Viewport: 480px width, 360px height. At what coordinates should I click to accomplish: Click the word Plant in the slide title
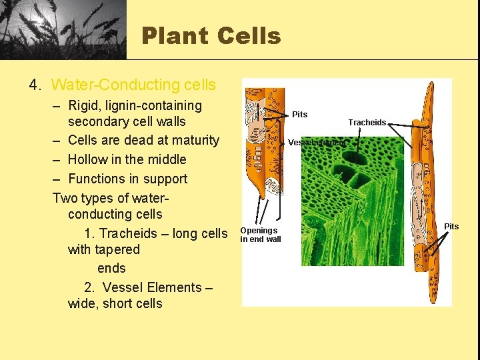click(175, 35)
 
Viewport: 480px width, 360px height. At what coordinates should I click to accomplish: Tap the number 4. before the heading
click(35, 85)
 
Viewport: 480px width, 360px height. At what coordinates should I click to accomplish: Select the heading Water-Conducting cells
click(133, 85)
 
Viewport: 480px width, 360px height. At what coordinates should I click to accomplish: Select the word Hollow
click(90, 159)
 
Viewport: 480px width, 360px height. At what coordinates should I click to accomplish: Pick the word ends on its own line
click(111, 268)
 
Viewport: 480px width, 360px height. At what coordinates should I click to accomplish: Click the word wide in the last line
click(82, 303)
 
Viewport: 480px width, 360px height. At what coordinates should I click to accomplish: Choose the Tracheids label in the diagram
click(367, 123)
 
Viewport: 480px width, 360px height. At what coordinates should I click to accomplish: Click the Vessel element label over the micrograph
click(317, 143)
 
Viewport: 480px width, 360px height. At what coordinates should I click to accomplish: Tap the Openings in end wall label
click(260, 235)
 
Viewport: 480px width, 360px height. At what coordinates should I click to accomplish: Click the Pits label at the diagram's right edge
click(451, 227)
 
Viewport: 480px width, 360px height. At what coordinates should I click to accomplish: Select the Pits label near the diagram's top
click(300, 115)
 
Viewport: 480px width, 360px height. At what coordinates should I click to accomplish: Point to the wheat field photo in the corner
click(63, 29)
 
